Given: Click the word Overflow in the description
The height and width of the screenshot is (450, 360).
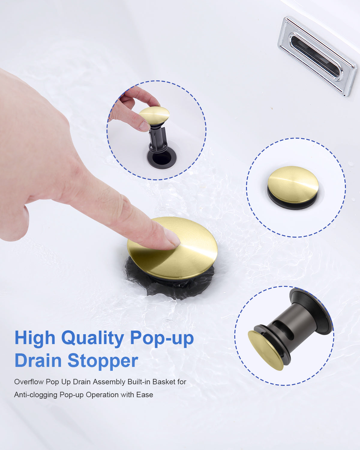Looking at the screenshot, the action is (x=29, y=382).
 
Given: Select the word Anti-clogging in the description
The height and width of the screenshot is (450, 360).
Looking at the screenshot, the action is (x=36, y=395).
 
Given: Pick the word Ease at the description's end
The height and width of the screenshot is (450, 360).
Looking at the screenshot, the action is (x=145, y=394).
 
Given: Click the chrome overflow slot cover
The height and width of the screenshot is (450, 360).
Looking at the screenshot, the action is (x=317, y=56).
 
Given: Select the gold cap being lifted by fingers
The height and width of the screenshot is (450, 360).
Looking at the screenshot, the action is (x=154, y=115).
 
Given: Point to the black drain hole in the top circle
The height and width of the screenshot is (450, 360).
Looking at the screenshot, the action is (x=161, y=158).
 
